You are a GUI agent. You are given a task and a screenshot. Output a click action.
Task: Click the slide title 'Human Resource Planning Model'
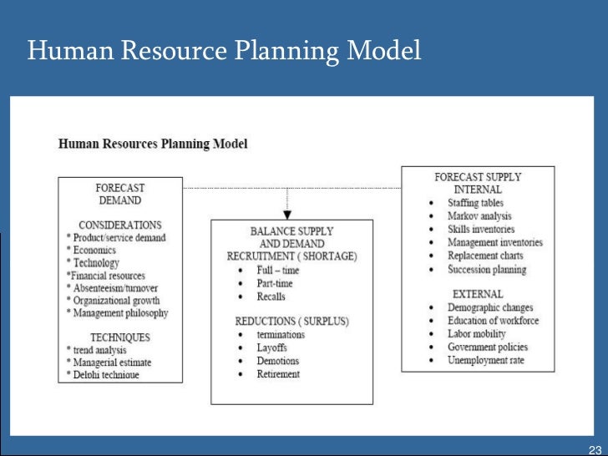point(224,52)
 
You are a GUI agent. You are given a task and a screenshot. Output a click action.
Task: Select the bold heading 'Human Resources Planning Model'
point(153,144)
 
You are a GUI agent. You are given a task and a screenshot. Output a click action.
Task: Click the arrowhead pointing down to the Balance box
point(287,214)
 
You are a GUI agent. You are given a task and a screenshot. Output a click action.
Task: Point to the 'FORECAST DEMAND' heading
point(120,194)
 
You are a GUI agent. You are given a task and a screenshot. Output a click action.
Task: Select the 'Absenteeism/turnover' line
point(112,287)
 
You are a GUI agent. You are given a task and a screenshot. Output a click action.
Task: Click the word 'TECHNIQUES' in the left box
point(120,337)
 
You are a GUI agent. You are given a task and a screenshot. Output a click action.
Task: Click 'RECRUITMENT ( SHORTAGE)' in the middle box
point(291,256)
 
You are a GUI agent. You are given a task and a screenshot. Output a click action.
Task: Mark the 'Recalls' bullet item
point(271,296)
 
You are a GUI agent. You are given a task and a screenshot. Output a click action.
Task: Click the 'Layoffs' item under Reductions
point(272,347)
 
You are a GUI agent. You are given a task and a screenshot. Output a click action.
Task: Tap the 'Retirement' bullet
point(278,373)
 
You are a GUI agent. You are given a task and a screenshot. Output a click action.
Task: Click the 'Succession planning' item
point(487,269)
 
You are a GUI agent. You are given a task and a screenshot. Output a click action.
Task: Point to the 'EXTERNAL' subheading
point(478,294)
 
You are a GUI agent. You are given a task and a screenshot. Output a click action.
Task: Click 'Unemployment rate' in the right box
point(486,360)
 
